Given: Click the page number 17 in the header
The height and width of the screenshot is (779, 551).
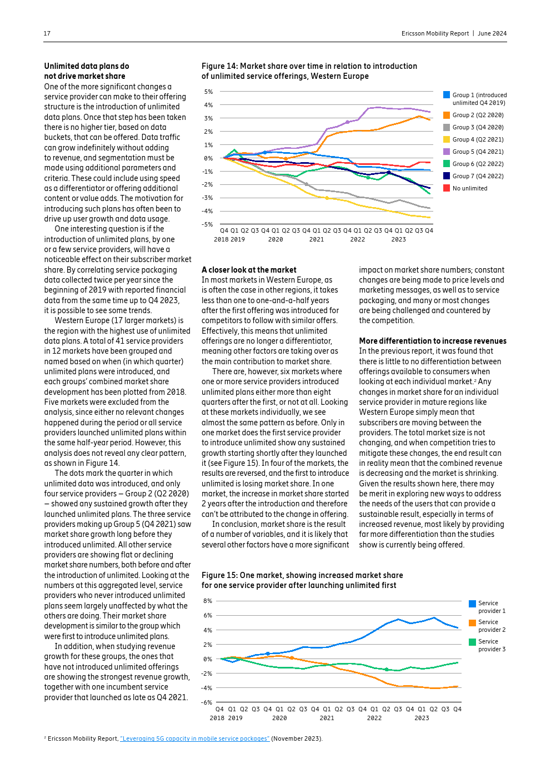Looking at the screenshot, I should (47, 33).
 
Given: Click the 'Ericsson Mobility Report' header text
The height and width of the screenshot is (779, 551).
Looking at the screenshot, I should (435, 33).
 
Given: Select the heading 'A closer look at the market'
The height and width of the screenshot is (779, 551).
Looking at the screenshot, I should (249, 270).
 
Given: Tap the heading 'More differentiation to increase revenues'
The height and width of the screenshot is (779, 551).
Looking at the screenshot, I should (433, 341).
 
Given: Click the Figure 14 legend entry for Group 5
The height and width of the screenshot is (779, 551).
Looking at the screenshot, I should (478, 152).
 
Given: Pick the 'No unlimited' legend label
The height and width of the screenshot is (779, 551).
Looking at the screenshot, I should (470, 188).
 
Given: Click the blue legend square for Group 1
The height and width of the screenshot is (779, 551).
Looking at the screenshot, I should (447, 95).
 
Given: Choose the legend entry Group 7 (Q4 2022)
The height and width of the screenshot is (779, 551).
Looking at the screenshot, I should (478, 176).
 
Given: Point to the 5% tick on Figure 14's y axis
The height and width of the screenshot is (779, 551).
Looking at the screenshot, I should (208, 92).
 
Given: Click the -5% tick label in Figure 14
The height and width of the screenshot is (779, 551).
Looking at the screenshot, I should (207, 224).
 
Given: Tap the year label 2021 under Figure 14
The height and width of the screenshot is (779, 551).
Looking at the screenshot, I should (317, 239).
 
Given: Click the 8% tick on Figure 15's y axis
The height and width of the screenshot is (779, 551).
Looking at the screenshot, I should (208, 601).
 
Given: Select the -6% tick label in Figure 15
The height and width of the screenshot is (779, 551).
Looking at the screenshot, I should (207, 702).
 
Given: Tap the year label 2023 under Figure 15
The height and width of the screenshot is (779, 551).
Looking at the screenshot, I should (422, 718).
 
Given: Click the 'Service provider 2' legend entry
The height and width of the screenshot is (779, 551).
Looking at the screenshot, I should (492, 626).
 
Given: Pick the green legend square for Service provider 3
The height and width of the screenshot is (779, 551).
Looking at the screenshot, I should (472, 642).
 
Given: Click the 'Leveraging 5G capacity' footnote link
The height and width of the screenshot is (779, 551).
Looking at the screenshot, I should (194, 738).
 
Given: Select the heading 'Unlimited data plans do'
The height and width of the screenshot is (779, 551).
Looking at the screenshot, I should (87, 66).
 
